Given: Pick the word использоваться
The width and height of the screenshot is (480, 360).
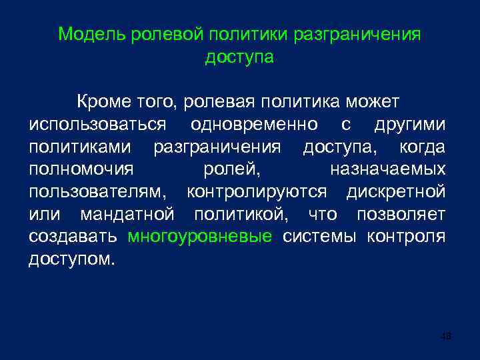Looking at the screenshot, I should click(98, 125).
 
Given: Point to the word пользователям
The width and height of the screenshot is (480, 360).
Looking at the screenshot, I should click(99, 192).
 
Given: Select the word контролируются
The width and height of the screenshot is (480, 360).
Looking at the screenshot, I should click(257, 192).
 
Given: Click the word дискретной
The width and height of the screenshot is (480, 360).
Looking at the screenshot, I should click(396, 192).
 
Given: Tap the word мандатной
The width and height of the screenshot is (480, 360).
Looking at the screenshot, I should click(127, 215).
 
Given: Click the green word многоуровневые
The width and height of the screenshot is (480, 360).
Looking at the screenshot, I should click(199, 237).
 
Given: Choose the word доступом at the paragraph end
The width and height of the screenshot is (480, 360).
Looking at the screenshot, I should click(71, 259).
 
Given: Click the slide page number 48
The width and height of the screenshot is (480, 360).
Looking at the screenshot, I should click(446, 336).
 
